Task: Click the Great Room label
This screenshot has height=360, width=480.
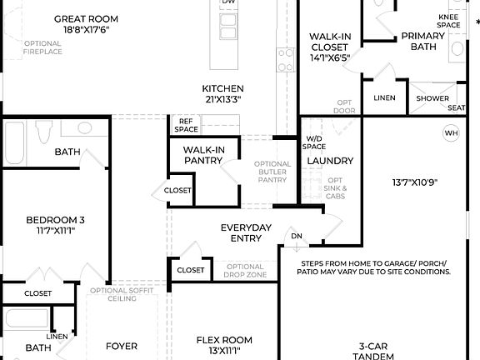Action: pyautogui.click(x=86, y=18)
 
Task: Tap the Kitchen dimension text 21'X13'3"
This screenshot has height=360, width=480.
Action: pyautogui.click(x=222, y=99)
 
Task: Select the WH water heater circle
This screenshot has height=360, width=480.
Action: pyautogui.click(x=451, y=133)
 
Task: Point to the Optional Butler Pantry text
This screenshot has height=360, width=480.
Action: pyautogui.click(x=272, y=172)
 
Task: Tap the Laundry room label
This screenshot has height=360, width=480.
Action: pyautogui.click(x=331, y=161)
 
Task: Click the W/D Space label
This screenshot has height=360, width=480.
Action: pyautogui.click(x=314, y=142)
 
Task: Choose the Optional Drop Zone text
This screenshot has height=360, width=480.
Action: pyautogui.click(x=246, y=271)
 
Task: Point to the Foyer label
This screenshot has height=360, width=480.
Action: pyautogui.click(x=121, y=346)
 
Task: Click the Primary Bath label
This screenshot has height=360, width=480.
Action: pyautogui.click(x=422, y=41)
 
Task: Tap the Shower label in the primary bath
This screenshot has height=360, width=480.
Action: pyautogui.click(x=432, y=98)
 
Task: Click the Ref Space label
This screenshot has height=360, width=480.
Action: pyautogui.click(x=187, y=125)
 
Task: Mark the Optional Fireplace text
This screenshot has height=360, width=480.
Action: pyautogui.click(x=42, y=47)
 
